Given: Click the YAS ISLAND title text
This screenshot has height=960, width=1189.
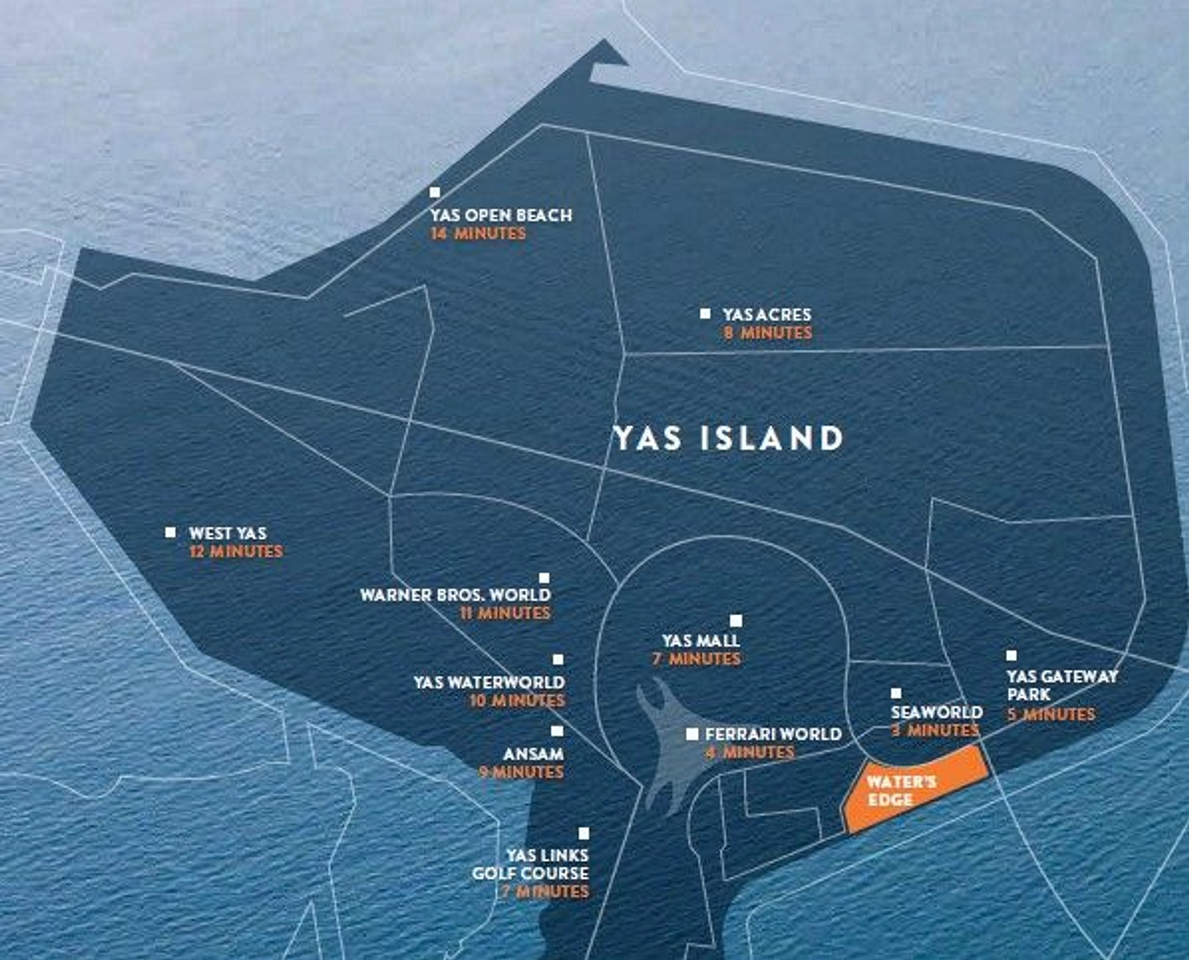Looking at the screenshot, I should click(729, 438).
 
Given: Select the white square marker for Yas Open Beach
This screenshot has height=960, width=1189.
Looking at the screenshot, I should click(435, 193).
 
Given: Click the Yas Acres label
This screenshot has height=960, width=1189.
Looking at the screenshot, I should click(766, 314).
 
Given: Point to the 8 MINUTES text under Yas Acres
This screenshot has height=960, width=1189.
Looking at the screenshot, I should click(767, 333).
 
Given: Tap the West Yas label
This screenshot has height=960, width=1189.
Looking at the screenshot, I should click(227, 533).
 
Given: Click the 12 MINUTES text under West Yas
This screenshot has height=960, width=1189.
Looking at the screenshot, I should click(236, 552).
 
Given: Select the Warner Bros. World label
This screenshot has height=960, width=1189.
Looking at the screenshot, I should click(455, 594).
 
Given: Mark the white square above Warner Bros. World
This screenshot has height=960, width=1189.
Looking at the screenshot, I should click(544, 578).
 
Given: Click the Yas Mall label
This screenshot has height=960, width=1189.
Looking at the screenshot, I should click(700, 641).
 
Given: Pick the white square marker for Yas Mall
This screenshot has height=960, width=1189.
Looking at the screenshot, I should click(735, 621).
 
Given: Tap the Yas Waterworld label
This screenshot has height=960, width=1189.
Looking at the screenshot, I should click(489, 682).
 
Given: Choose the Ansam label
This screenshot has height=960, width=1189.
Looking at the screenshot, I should click(533, 754).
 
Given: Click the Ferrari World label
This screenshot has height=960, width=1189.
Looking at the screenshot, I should click(773, 734).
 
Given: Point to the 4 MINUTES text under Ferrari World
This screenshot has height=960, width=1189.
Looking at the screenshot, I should click(750, 752).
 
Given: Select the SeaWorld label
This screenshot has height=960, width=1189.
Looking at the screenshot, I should click(936, 711).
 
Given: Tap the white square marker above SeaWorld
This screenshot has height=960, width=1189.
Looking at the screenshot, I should click(896, 694).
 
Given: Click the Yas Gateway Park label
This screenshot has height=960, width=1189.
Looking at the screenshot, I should click(1061, 685).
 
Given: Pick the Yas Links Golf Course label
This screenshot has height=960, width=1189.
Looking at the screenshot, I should click(531, 864).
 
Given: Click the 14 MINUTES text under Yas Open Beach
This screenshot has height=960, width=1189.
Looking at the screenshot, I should click(478, 234).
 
